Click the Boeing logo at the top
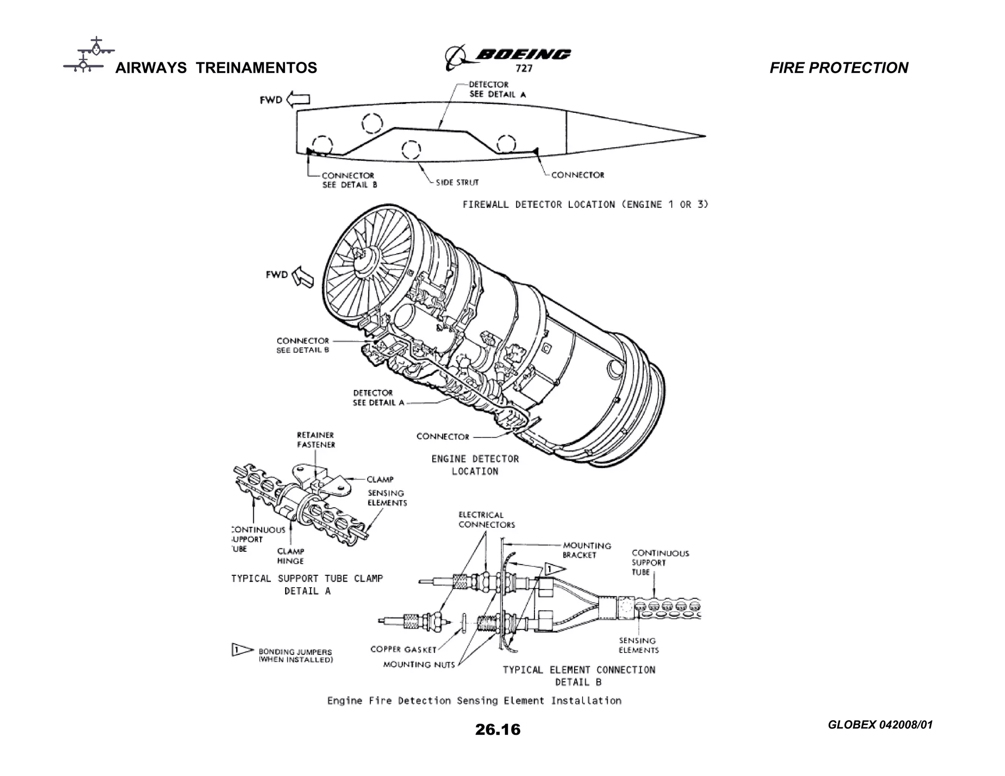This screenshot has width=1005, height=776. [x=508, y=57]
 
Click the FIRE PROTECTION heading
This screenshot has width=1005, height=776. [x=838, y=68]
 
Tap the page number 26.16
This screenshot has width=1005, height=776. [x=497, y=729]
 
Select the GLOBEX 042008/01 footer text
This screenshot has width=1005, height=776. [x=880, y=724]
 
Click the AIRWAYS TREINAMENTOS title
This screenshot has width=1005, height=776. [x=216, y=68]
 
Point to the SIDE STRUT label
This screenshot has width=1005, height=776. [x=456, y=182]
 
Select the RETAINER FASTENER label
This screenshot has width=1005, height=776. [x=316, y=440]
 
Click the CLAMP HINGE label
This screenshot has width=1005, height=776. [x=291, y=556]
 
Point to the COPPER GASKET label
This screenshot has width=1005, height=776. [x=403, y=649]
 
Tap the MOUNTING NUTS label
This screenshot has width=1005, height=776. [x=419, y=665]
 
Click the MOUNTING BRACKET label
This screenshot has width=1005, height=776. [x=586, y=550]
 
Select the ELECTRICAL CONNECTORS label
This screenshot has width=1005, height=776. [x=486, y=520]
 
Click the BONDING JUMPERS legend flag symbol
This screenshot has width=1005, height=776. [x=241, y=650]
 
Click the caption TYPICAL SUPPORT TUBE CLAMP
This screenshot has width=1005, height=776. [x=307, y=579]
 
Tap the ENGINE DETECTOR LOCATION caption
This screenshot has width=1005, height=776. [x=475, y=465]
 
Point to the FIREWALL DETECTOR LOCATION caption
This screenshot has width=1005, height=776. [x=585, y=205]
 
